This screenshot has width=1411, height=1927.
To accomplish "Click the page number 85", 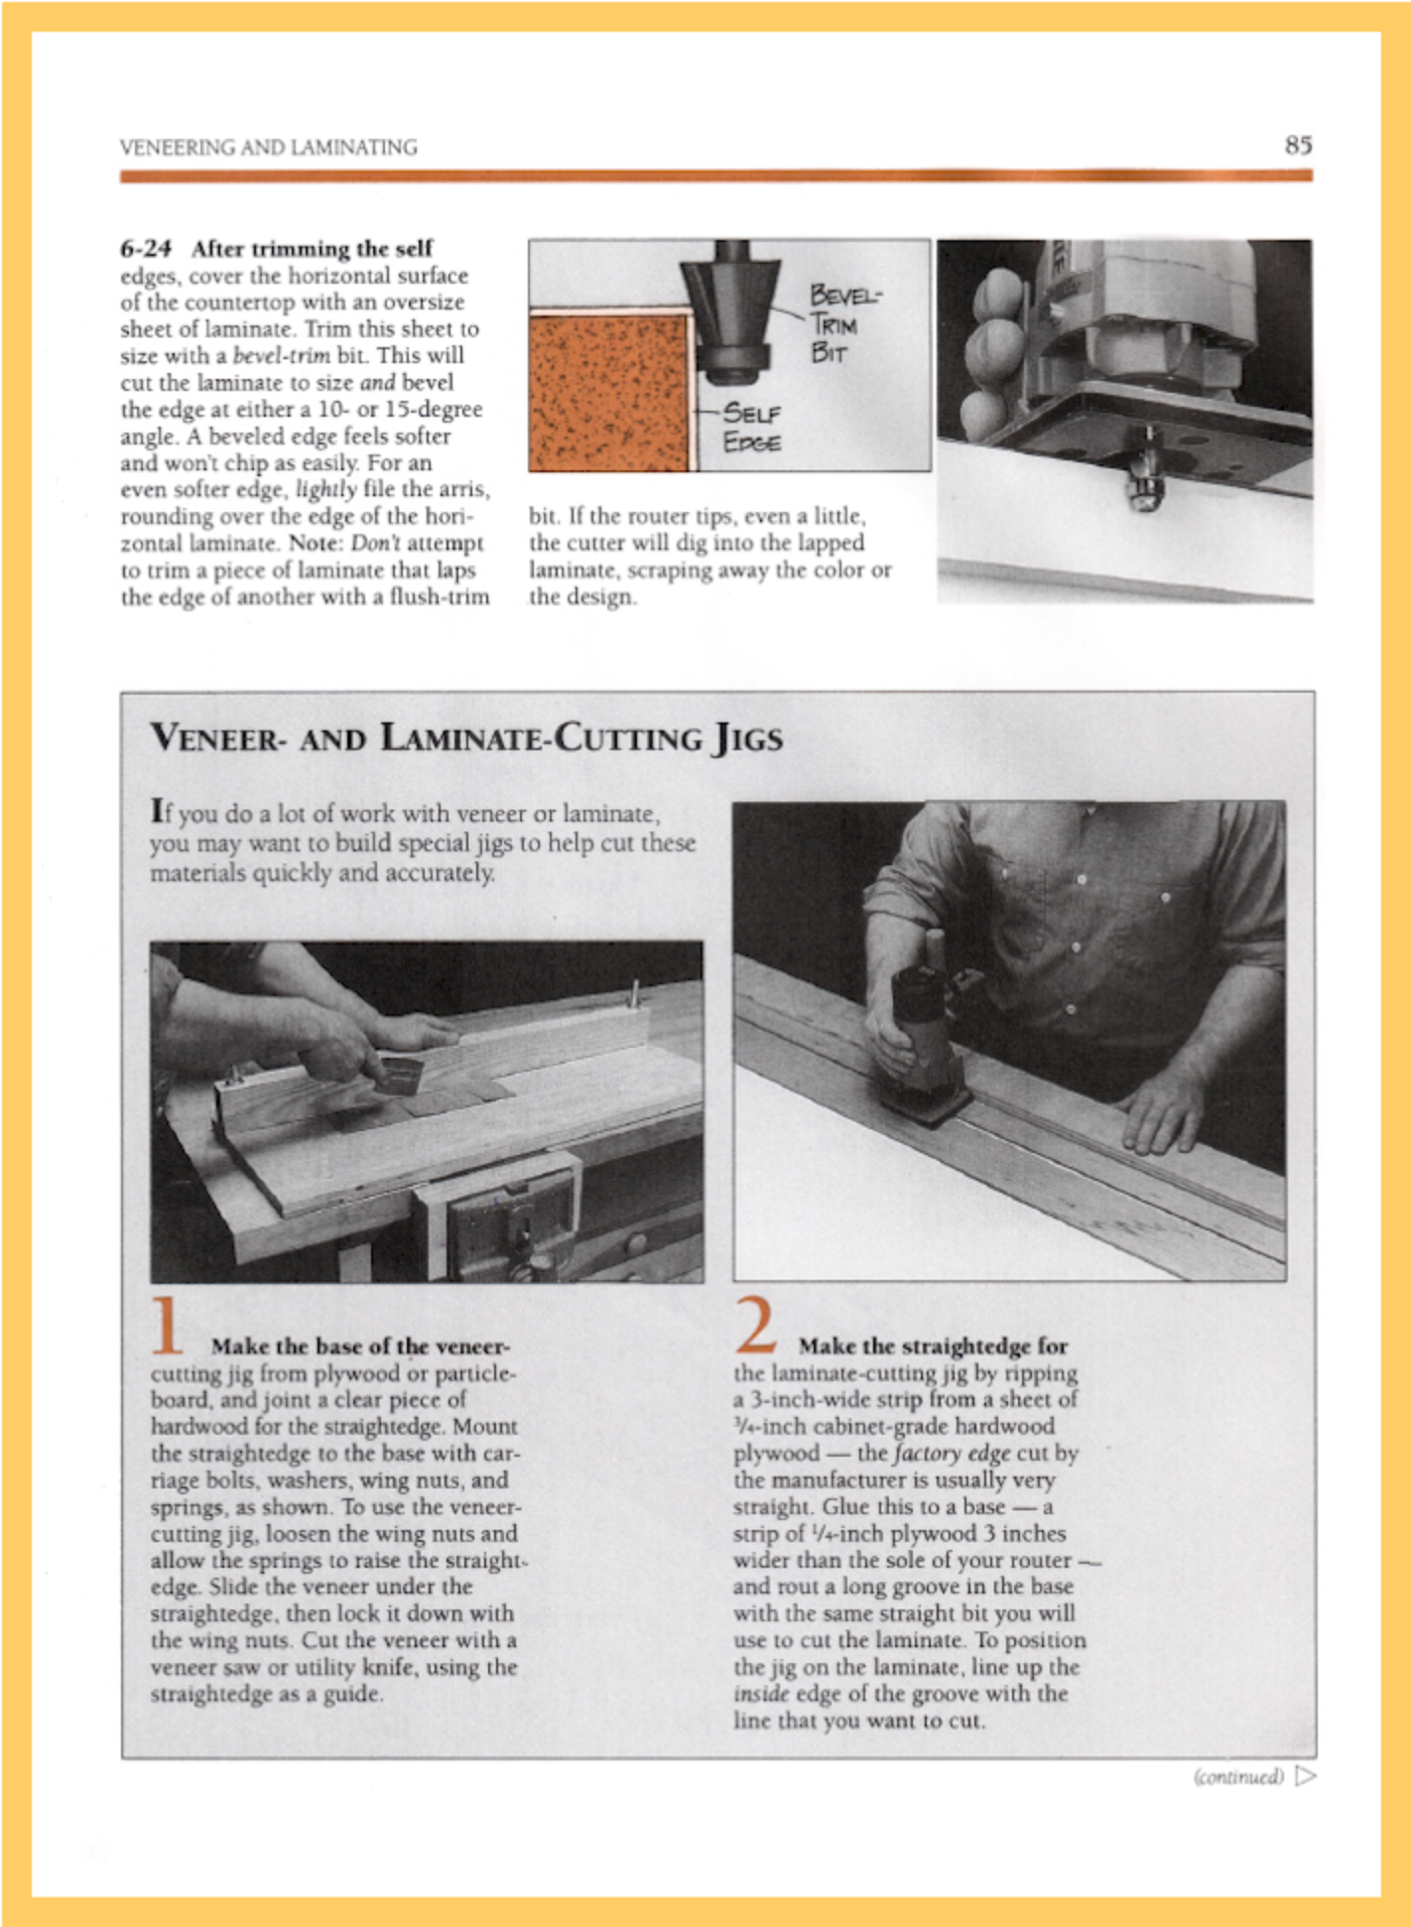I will [x=1298, y=146].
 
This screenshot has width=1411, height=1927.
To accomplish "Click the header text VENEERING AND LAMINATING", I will [x=268, y=148].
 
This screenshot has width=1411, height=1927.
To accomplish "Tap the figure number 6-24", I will [x=146, y=248].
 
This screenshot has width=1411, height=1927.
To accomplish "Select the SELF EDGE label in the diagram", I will [x=751, y=427].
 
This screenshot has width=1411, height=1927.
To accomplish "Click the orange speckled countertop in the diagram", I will [x=607, y=392].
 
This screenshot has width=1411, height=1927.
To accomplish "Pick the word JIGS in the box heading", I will [x=746, y=738].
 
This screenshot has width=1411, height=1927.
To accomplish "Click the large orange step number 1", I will [x=168, y=1326].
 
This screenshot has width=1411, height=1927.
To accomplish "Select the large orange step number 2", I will [x=756, y=1326].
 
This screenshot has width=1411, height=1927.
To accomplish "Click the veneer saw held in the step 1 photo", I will [x=399, y=1074].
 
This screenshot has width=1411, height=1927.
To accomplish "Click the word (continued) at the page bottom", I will [x=1238, y=1775].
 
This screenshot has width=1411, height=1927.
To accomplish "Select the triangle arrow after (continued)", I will [x=1306, y=1774].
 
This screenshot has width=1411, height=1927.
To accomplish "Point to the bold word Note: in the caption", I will [x=315, y=544].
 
